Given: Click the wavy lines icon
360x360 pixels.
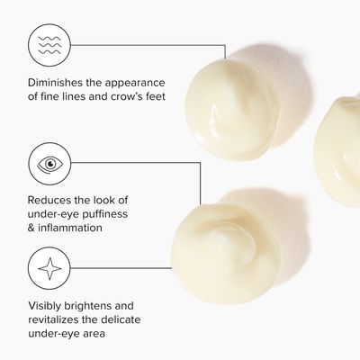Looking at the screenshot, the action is [x=49, y=45].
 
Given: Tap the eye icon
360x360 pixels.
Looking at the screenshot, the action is [x=49, y=164].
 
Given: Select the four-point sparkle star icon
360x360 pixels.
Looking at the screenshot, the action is [x=49, y=268].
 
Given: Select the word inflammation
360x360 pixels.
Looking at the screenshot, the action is [x=70, y=228].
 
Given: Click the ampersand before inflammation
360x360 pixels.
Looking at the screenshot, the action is [x=31, y=228].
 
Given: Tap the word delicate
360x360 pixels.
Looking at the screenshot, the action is [x=121, y=319].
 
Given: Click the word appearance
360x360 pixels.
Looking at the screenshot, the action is [x=135, y=84].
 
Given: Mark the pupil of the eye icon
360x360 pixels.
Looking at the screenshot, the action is [x=50, y=164].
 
